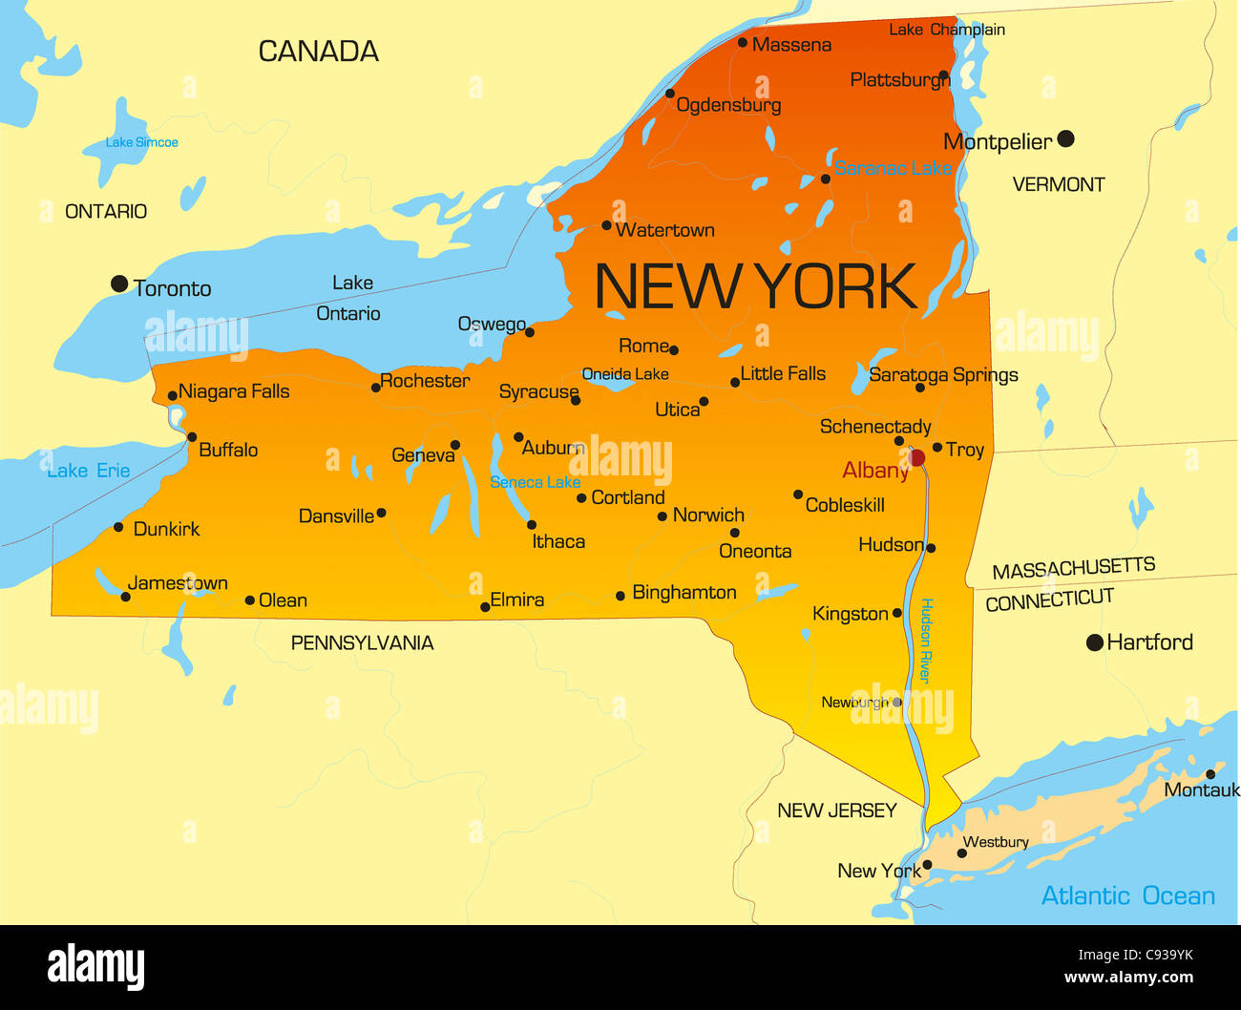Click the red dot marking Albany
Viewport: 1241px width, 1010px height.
pyautogui.click(x=917, y=458)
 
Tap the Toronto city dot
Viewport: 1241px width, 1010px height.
pyautogui.click(x=119, y=284)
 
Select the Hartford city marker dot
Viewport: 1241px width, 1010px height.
pyautogui.click(x=1095, y=642)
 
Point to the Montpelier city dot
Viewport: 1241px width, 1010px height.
pyautogui.click(x=1066, y=139)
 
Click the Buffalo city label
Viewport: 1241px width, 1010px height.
pyautogui.click(x=228, y=450)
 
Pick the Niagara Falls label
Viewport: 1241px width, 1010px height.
pyautogui.click(x=234, y=391)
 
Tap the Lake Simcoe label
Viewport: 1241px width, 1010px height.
pyautogui.click(x=142, y=142)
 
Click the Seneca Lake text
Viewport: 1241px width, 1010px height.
pyautogui.click(x=535, y=482)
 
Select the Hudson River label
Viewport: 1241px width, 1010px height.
pyautogui.click(x=925, y=641)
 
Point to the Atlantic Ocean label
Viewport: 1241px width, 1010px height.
pyautogui.click(x=1127, y=895)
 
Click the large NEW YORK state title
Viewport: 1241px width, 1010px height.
pyautogui.click(x=755, y=286)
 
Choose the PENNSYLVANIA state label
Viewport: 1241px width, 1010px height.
pyautogui.click(x=362, y=643)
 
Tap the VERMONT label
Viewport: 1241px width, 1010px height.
pyautogui.click(x=1058, y=184)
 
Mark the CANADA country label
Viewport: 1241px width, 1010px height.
pyautogui.click(x=318, y=52)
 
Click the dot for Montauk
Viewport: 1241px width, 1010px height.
pyautogui.click(x=1210, y=774)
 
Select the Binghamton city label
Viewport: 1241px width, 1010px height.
pyautogui.click(x=684, y=593)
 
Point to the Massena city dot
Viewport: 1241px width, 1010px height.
pyautogui.click(x=743, y=43)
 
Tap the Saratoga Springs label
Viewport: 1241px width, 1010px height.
pyautogui.click(x=943, y=375)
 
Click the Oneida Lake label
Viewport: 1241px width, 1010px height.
pyautogui.click(x=625, y=374)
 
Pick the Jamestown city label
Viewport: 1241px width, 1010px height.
pyautogui.click(x=178, y=583)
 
